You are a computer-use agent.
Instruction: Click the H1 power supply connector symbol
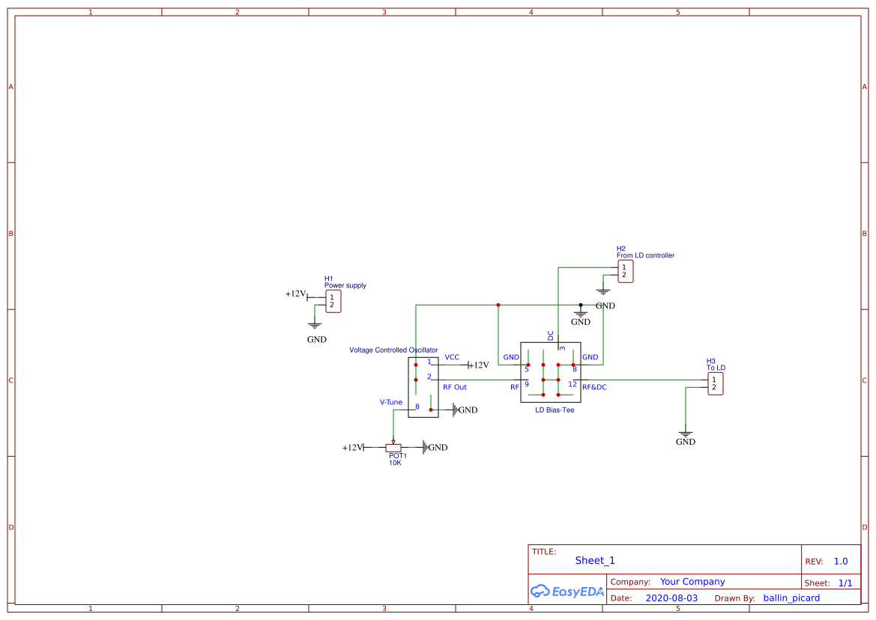click(x=333, y=301)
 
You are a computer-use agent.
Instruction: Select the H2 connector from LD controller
click(x=626, y=271)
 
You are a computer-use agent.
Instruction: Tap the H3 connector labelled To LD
click(x=716, y=383)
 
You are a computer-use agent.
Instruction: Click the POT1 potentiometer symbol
click(x=393, y=448)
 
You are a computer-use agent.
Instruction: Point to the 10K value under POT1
click(x=395, y=463)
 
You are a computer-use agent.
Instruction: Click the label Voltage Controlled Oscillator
click(x=393, y=350)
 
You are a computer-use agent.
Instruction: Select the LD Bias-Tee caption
click(x=555, y=410)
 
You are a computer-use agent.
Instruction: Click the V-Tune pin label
click(x=390, y=402)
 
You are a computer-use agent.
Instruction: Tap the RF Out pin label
click(x=454, y=387)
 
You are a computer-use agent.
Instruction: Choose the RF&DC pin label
click(x=594, y=387)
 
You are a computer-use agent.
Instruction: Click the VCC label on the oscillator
click(x=452, y=357)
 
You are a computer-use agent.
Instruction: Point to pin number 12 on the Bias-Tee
click(x=573, y=384)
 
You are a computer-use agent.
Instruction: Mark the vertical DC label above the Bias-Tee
click(x=551, y=335)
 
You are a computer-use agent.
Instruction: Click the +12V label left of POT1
click(x=352, y=448)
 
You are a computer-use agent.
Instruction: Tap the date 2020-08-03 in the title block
click(x=671, y=598)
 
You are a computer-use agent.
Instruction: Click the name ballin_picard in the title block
click(x=791, y=598)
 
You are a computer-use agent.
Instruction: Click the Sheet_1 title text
click(x=595, y=560)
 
